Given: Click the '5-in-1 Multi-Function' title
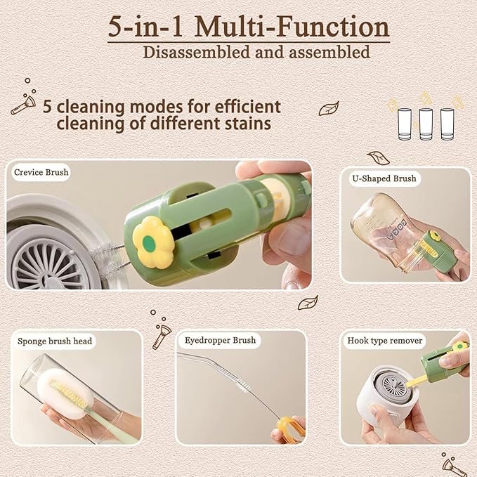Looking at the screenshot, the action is (249, 27).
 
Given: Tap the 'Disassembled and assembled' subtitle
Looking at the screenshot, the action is (256, 52).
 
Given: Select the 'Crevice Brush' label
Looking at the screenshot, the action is (41, 172).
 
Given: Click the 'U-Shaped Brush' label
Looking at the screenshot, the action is (384, 178).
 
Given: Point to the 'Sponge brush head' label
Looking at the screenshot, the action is (55, 341).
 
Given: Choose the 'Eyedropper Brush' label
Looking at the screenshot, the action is (221, 340).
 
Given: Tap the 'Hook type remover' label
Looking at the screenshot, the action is (385, 341).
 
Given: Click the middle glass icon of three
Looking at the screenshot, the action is (426, 124).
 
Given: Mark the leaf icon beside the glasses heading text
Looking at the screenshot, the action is (329, 108).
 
